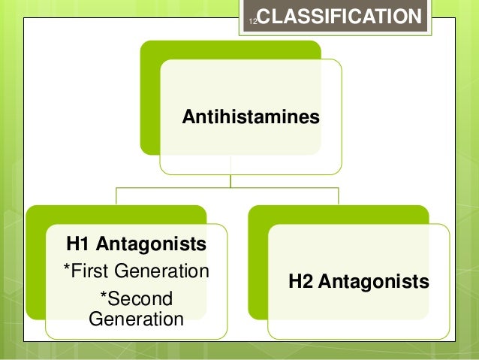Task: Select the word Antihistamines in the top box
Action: (252, 117)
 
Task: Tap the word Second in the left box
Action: (140, 299)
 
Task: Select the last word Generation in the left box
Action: (136, 319)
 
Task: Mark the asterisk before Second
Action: (104, 298)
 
